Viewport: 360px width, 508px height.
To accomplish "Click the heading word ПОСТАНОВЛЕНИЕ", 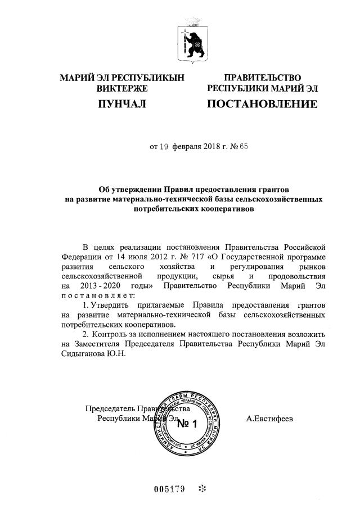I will [262, 104].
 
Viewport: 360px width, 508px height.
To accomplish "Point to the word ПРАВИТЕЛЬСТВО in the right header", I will [262, 78].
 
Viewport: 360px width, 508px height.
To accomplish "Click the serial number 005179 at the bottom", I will [169, 488].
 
